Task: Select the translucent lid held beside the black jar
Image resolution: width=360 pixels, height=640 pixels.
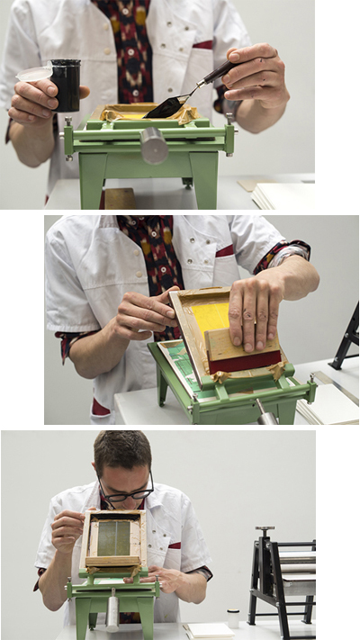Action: pos(34,74)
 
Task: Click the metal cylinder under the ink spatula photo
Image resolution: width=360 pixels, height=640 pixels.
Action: pos(154,145)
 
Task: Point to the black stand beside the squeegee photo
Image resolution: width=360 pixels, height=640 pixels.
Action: pos(346,338)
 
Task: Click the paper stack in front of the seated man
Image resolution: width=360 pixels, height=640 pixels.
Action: pos(207,629)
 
